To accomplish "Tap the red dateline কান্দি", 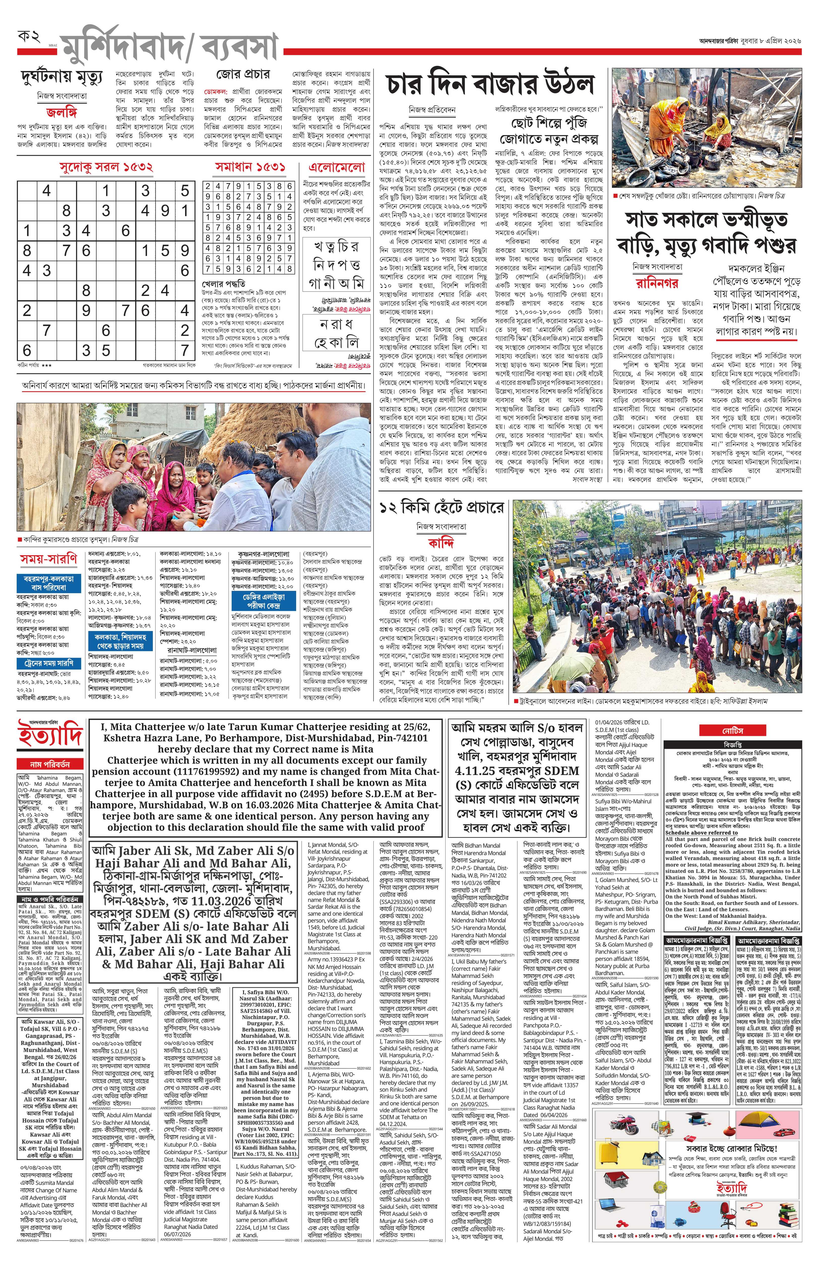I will pos(442,543).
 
